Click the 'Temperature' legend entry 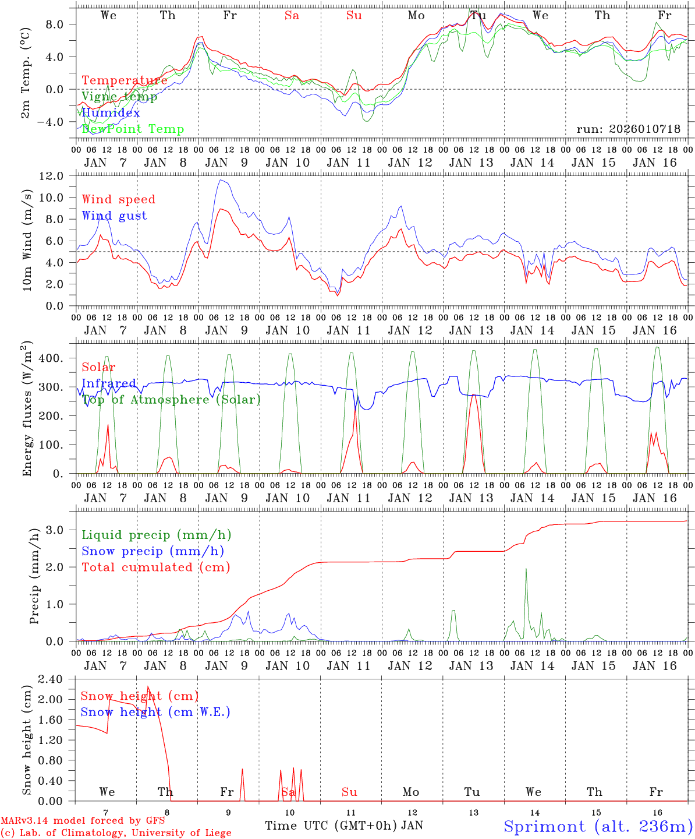(x=125, y=80)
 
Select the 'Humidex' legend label (x=111, y=113)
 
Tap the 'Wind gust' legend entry (x=115, y=216)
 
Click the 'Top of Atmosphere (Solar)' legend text (x=171, y=400)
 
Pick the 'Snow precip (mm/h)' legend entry (x=153, y=551)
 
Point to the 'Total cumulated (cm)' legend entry (x=156, y=567)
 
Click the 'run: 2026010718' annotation (x=628, y=129)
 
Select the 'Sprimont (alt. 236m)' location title (x=598, y=826)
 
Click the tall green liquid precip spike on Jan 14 (x=526, y=569)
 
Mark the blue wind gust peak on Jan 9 (x=220, y=180)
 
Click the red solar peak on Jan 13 (x=474, y=396)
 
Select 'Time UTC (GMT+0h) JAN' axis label (x=343, y=826)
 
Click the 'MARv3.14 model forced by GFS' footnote (x=83, y=821)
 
